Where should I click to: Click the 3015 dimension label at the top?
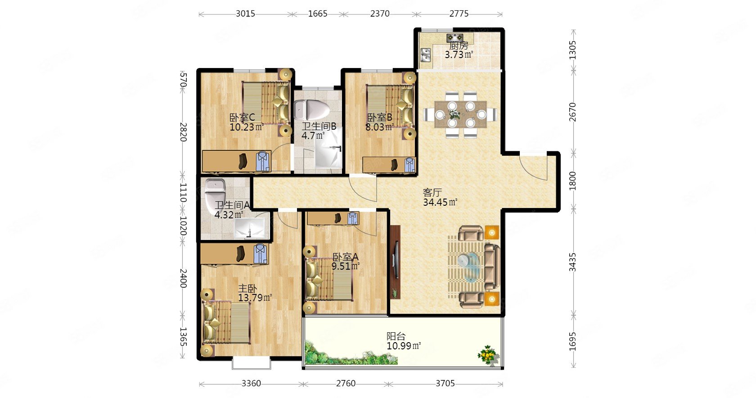click(x=245, y=14)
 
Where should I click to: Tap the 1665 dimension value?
click(x=318, y=14)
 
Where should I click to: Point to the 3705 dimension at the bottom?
click(x=445, y=384)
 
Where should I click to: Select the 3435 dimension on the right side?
click(x=572, y=262)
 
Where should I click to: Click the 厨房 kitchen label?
click(x=459, y=45)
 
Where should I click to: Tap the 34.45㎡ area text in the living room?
click(x=440, y=202)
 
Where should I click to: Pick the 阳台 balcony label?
click(x=396, y=336)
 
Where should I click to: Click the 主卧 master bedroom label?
click(x=247, y=289)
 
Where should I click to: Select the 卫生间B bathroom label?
click(x=319, y=126)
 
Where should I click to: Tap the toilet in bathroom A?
click(x=215, y=192)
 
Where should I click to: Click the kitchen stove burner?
click(x=455, y=37)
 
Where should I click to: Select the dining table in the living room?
click(x=460, y=114)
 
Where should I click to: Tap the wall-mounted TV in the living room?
click(x=395, y=259)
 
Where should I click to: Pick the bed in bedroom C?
click(x=266, y=103)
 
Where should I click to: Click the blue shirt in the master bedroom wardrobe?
click(x=261, y=253)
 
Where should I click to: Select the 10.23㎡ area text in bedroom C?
click(x=247, y=127)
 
